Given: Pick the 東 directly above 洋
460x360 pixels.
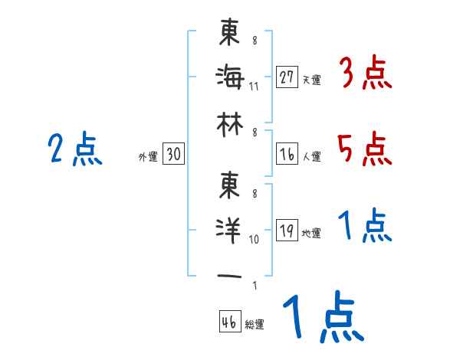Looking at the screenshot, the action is coord(229,184).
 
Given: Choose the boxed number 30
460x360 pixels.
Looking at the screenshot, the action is coord(173,155).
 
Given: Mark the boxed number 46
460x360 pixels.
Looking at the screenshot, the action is coord(229,322).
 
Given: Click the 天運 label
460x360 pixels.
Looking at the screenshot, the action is coord(311,80).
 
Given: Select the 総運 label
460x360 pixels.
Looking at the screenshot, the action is coord(255,325).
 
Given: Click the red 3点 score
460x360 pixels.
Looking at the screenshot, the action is coord(364,74).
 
